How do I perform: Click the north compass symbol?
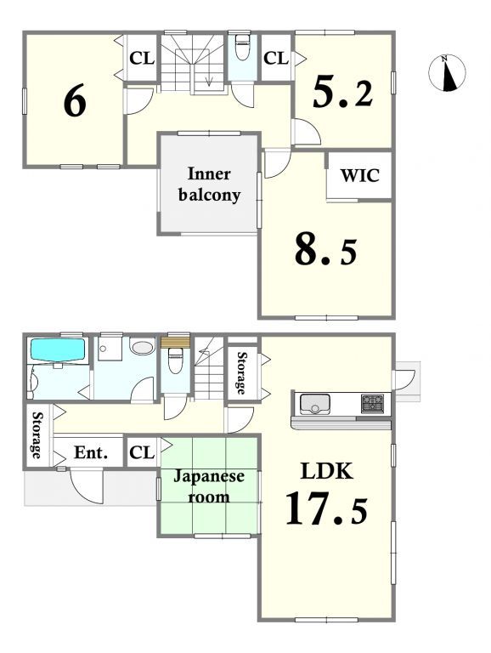447,73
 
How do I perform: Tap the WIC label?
360,175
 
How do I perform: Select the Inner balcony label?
209,185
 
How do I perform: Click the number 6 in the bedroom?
75,100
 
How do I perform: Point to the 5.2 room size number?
342,93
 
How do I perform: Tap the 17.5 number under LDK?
327,508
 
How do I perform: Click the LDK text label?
327,471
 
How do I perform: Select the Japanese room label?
209,486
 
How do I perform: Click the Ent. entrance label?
91,452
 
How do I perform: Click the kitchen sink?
315,404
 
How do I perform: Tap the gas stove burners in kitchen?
372,403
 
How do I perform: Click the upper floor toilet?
242,48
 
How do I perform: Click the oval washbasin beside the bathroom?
143,347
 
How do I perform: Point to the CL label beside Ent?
142,452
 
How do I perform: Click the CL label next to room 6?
142,59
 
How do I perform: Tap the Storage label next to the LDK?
241,373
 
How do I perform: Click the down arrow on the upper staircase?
209,81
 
